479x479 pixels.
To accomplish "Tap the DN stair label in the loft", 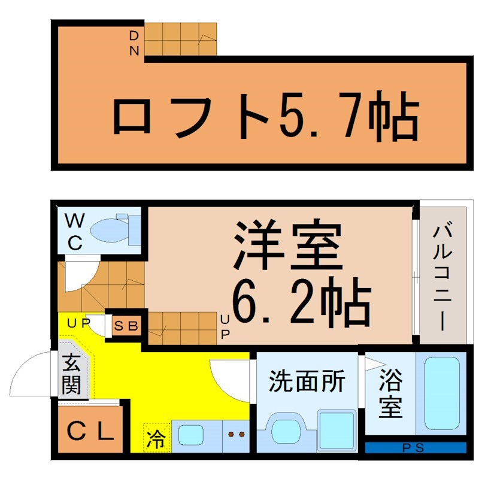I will click(134, 43).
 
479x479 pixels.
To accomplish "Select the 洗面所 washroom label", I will click(307, 381).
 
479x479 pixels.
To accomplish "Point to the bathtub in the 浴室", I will click(441, 392).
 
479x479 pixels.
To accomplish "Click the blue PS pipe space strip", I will click(416, 447).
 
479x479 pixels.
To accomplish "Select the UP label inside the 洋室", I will click(225, 326).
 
